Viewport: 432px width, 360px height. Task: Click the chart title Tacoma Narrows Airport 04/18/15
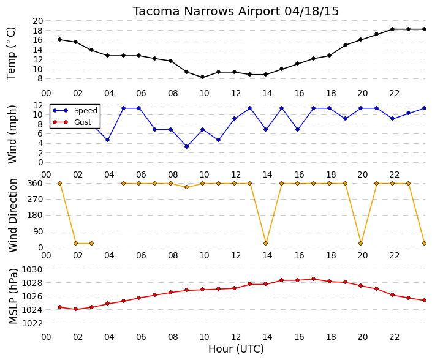tap(236, 11)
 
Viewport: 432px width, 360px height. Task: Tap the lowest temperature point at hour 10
tap(202, 77)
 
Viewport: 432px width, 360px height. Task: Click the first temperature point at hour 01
tap(60, 40)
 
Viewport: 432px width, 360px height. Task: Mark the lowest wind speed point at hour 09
tap(186, 147)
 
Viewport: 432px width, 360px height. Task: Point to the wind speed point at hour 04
tap(107, 140)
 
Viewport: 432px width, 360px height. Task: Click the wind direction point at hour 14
tap(265, 243)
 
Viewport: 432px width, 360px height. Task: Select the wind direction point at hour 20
tap(361, 243)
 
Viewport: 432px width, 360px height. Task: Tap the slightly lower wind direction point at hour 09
tap(186, 187)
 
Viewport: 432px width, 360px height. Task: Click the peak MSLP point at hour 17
tap(313, 279)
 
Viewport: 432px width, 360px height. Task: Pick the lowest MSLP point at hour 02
tap(76, 309)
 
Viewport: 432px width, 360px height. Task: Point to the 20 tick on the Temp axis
tap(38, 21)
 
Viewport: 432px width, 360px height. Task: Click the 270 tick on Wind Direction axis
tap(36, 199)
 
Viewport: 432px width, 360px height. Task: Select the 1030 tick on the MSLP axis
tap(32, 269)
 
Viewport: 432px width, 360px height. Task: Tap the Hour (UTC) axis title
tap(236, 349)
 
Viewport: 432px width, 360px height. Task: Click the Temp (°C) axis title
tap(11, 53)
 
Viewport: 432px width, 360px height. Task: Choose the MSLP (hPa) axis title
tap(13, 296)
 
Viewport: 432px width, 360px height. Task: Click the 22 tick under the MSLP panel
tap(394, 337)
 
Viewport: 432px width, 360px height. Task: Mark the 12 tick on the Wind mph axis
tap(38, 105)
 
